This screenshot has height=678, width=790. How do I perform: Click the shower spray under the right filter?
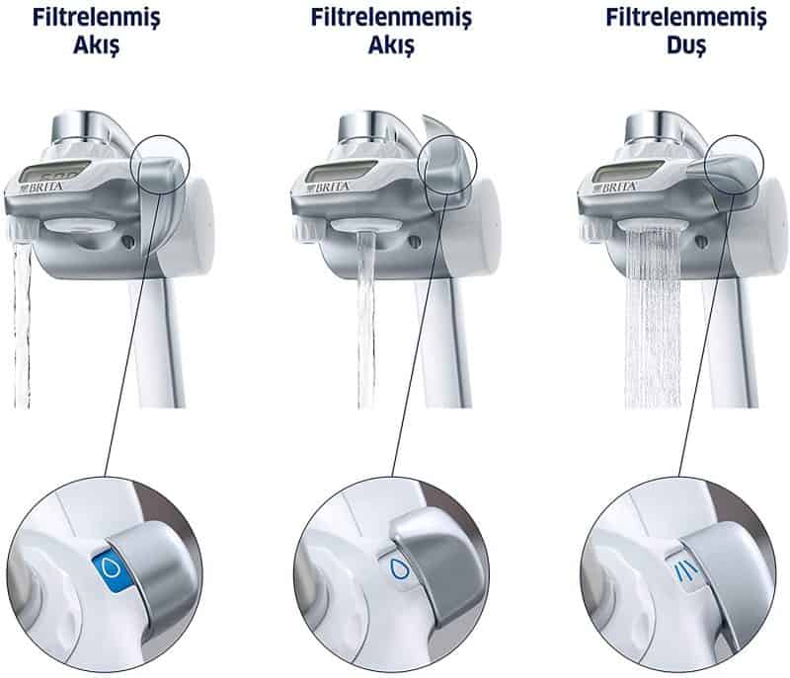pyautogui.click(x=654, y=316)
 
